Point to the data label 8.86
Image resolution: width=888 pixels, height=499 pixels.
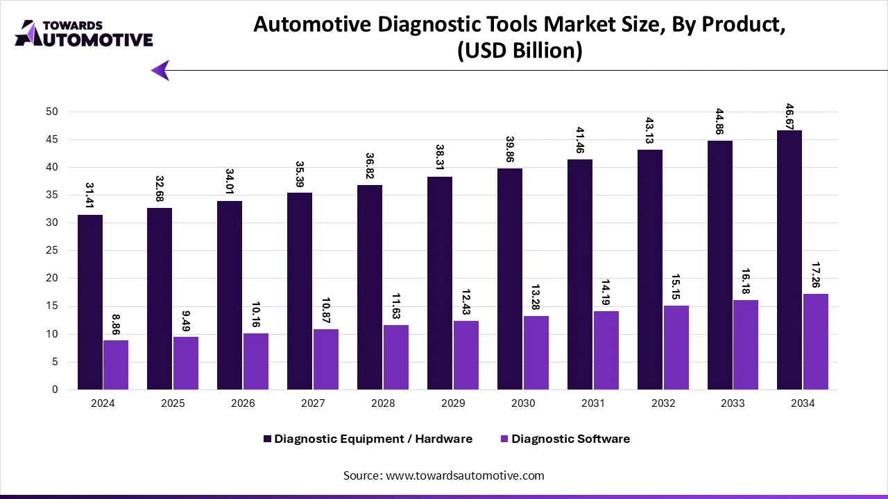coord(116,324)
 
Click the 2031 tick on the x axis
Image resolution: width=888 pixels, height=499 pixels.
coord(592,403)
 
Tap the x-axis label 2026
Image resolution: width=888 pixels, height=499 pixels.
coord(243,403)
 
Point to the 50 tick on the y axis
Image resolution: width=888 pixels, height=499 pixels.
coord(53,112)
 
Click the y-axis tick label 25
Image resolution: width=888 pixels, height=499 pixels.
coord(53,251)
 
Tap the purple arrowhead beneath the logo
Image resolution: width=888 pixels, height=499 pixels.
coord(160,70)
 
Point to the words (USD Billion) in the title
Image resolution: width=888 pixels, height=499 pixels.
coord(520,51)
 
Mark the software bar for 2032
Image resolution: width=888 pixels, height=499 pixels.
coord(676,347)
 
